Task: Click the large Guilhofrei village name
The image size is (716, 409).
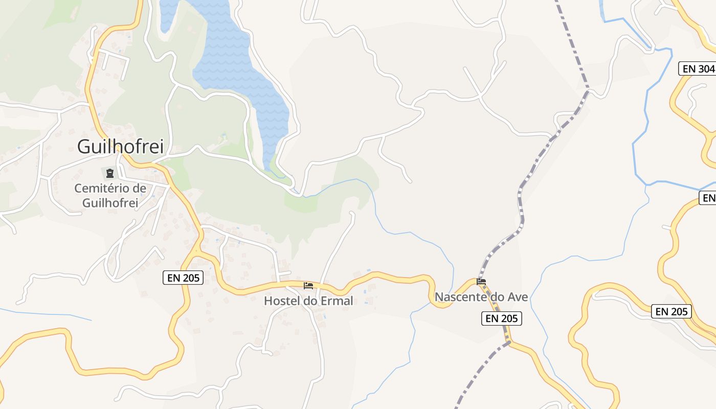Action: tap(120, 147)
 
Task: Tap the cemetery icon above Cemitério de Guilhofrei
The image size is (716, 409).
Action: tap(110, 173)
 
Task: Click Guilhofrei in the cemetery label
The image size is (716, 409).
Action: tap(110, 202)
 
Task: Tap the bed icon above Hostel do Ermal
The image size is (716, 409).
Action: tap(308, 285)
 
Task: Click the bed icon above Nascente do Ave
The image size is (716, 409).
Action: tap(481, 281)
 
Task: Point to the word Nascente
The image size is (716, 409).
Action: tap(457, 297)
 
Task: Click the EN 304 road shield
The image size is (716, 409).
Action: tap(697, 69)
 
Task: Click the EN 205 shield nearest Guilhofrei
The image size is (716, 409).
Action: tap(183, 278)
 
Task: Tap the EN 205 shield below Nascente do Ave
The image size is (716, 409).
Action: tap(502, 319)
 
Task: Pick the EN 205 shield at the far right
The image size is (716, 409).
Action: tap(671, 311)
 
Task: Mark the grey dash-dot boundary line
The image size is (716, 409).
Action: tap(521, 194)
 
